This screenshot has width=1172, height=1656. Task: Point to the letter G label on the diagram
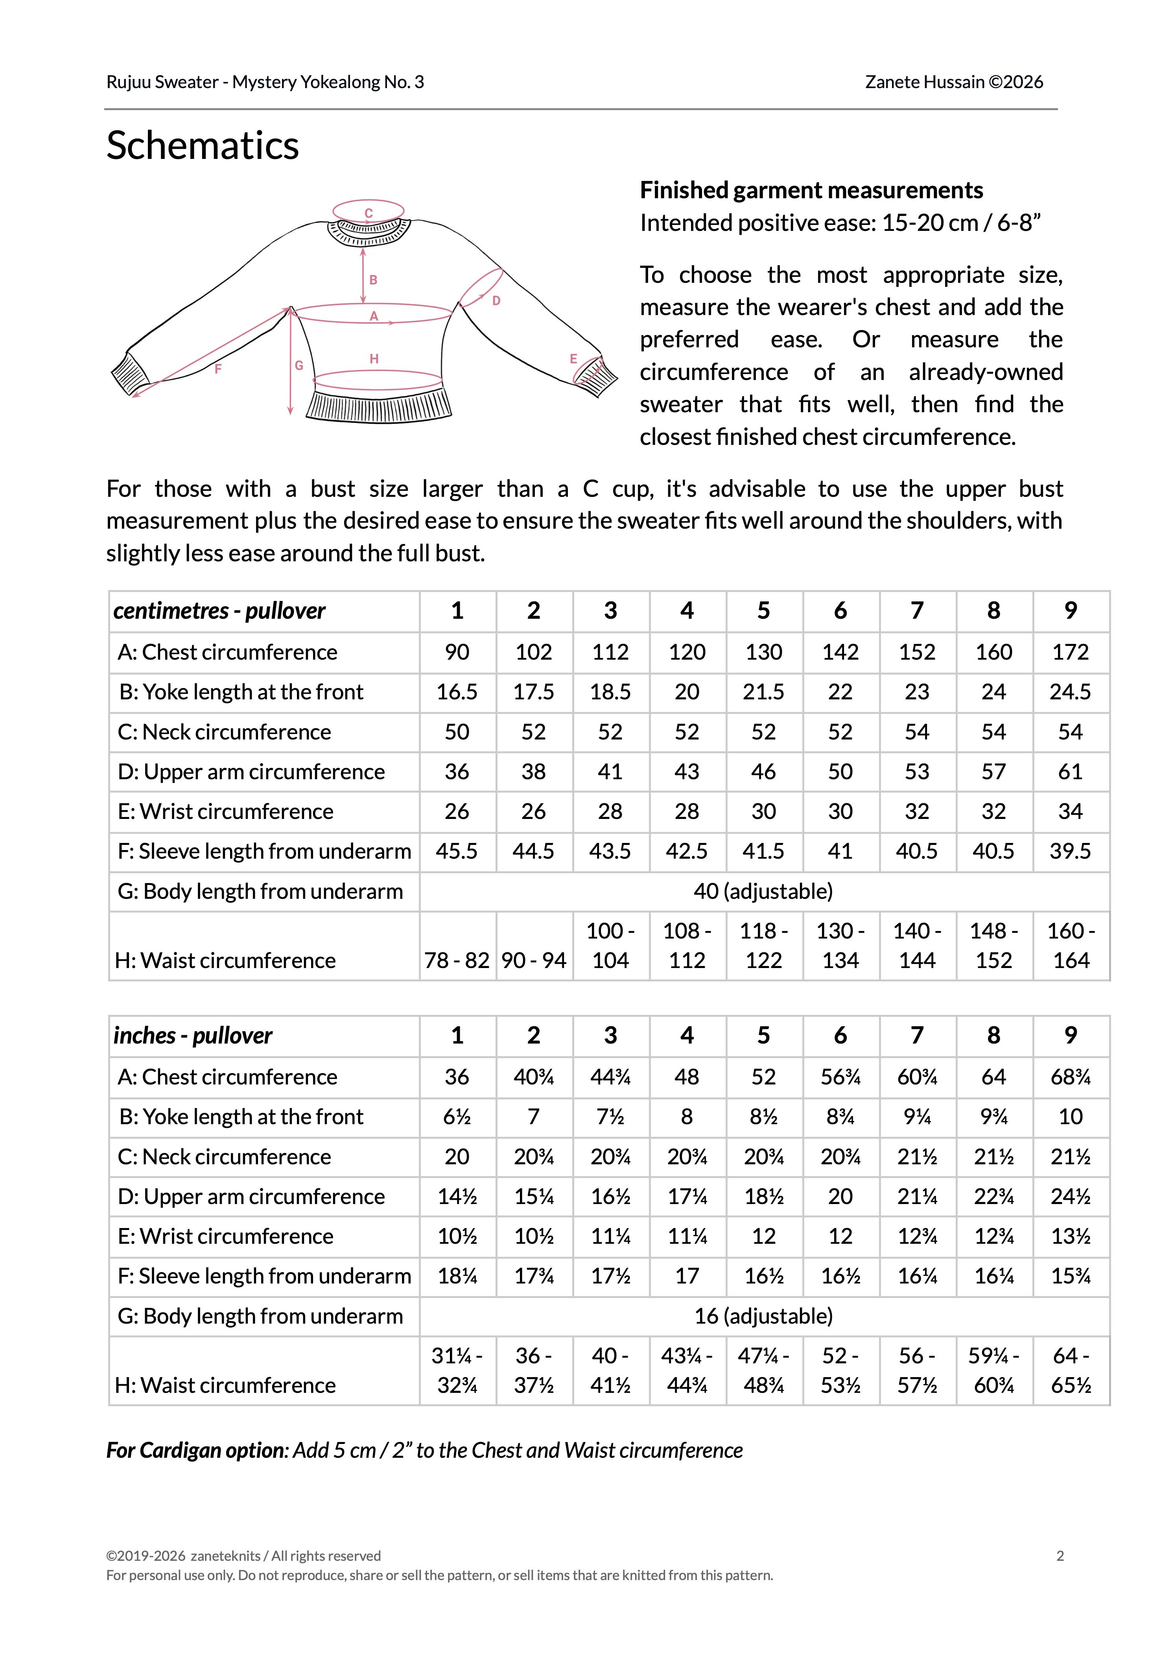point(299,366)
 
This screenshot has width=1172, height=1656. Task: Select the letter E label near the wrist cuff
point(574,359)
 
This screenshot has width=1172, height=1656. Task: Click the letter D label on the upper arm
point(496,301)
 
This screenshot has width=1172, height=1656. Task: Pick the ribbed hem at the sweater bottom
point(379,408)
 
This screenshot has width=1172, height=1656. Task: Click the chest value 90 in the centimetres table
point(457,652)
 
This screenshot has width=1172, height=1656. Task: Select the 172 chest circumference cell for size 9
point(1070,652)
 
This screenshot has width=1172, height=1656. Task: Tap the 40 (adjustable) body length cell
point(763,891)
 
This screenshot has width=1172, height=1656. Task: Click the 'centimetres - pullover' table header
point(219,611)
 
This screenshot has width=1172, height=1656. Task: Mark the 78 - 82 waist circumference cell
point(457,961)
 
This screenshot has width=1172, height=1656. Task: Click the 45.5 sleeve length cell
point(457,852)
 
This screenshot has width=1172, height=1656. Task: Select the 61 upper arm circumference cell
point(1070,772)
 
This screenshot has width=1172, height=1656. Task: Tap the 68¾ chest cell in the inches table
point(1070,1077)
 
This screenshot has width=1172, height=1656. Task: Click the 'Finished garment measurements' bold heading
point(811,190)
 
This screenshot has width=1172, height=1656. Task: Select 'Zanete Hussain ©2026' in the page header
point(954,82)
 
